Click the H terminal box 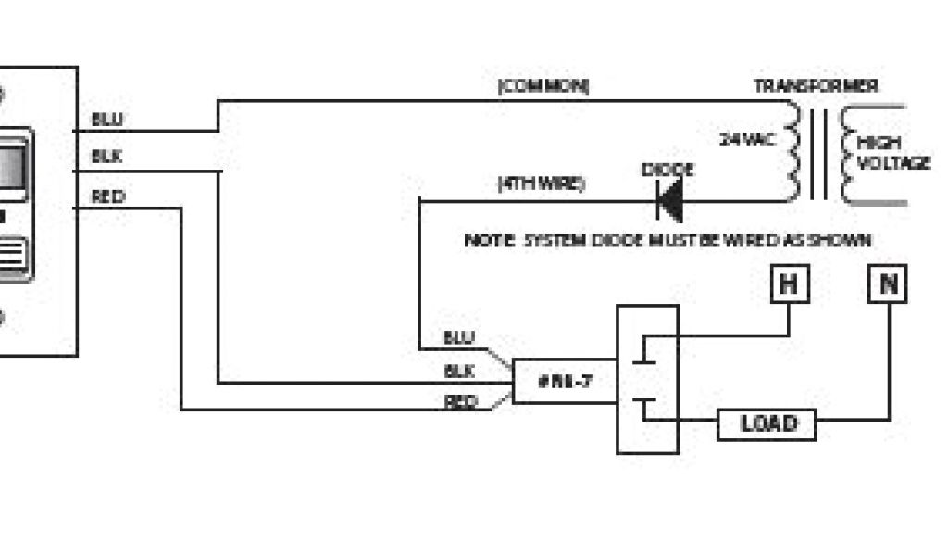pos(789,284)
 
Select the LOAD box pos(768,424)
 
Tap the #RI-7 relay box pos(564,381)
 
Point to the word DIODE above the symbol pos(667,171)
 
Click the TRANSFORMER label pos(816,86)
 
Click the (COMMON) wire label pos(543,86)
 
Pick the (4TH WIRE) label pos(541,184)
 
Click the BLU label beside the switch pos(106,120)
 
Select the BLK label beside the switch pos(106,158)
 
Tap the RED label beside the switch pos(107,196)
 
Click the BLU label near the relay pos(459,338)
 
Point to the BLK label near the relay pos(459,371)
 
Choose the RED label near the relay pos(461,401)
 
